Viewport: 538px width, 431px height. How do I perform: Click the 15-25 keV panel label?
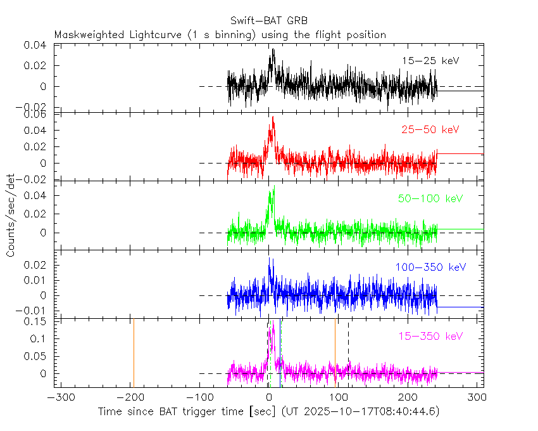[430, 61]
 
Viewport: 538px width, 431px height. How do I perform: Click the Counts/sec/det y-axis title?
[11, 216]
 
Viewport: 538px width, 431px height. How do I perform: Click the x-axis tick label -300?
[59, 397]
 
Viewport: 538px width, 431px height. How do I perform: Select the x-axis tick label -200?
[130, 397]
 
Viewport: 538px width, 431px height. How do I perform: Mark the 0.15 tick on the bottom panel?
[41, 321]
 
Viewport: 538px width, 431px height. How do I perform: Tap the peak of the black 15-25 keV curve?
[273, 49]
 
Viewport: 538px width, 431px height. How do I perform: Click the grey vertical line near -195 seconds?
[134, 352]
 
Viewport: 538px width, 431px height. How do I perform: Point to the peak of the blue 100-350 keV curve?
[270, 258]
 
